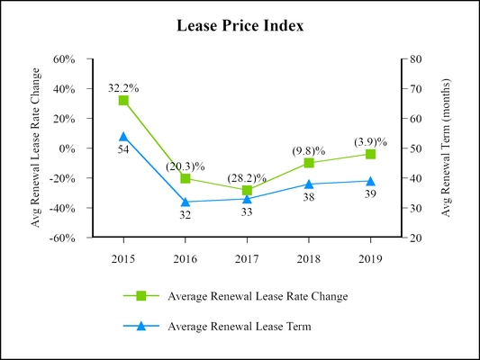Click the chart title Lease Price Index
(x=240, y=26)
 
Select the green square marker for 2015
(x=123, y=100)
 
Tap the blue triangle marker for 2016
(x=186, y=202)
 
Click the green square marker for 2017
(x=247, y=190)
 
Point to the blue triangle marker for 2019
(x=370, y=181)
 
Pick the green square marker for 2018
(x=309, y=163)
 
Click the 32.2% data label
(x=123, y=88)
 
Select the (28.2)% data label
(x=247, y=177)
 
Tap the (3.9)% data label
(x=370, y=141)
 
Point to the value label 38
(x=309, y=196)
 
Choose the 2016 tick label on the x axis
(x=186, y=257)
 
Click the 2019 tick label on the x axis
(x=370, y=257)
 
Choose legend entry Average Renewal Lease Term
(x=240, y=327)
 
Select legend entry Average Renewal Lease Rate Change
(x=258, y=295)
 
